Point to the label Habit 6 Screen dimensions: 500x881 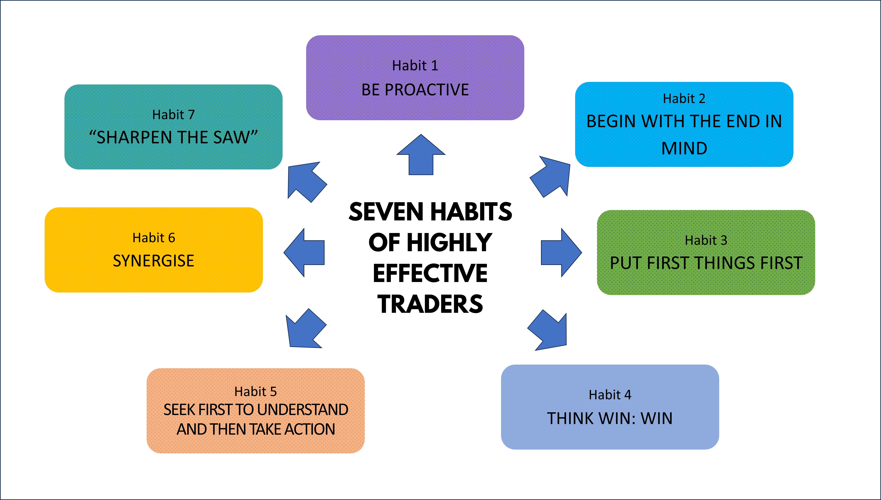(x=153, y=238)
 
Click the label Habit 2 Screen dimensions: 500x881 (x=684, y=99)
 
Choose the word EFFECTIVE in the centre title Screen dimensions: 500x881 (x=430, y=273)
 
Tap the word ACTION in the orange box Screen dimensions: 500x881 (x=310, y=429)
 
